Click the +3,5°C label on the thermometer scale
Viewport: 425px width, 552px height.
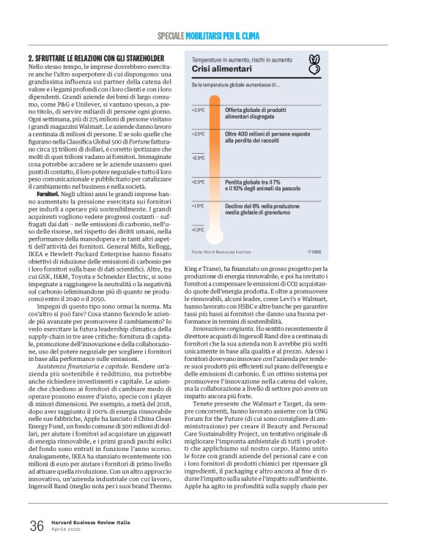[x=198, y=110]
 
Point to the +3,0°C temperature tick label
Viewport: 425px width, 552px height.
[x=198, y=134]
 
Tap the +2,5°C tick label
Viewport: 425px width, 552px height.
[x=198, y=157]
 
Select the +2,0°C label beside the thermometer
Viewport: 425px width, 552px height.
[x=198, y=181]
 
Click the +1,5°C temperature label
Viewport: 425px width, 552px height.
[x=198, y=206]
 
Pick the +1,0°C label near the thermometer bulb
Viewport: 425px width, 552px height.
[x=198, y=229]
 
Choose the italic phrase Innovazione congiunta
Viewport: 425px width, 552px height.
[x=215, y=329]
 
